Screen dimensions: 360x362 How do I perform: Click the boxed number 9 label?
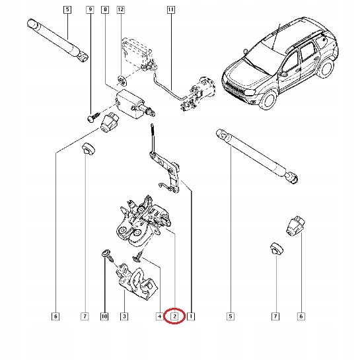coord(90,10)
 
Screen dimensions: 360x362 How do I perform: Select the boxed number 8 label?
coord(105,10)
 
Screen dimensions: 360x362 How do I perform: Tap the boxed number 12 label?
coord(120,10)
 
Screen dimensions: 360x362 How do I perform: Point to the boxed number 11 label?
coord(171,10)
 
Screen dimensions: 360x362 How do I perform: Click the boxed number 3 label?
coord(124,317)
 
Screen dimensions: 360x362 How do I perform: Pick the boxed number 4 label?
coord(159,317)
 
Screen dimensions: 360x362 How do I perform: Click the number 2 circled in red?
coord(174,317)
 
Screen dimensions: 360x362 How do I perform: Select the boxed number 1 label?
coord(190,317)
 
